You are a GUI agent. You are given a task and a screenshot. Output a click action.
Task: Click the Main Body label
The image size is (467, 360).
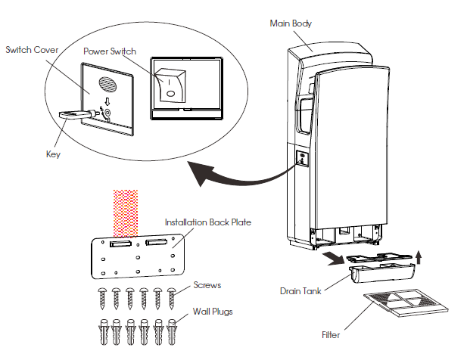click(291, 23)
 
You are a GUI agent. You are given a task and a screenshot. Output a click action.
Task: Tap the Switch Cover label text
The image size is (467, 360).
click(32, 50)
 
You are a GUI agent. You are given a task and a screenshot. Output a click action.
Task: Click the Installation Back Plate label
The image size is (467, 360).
click(208, 223)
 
